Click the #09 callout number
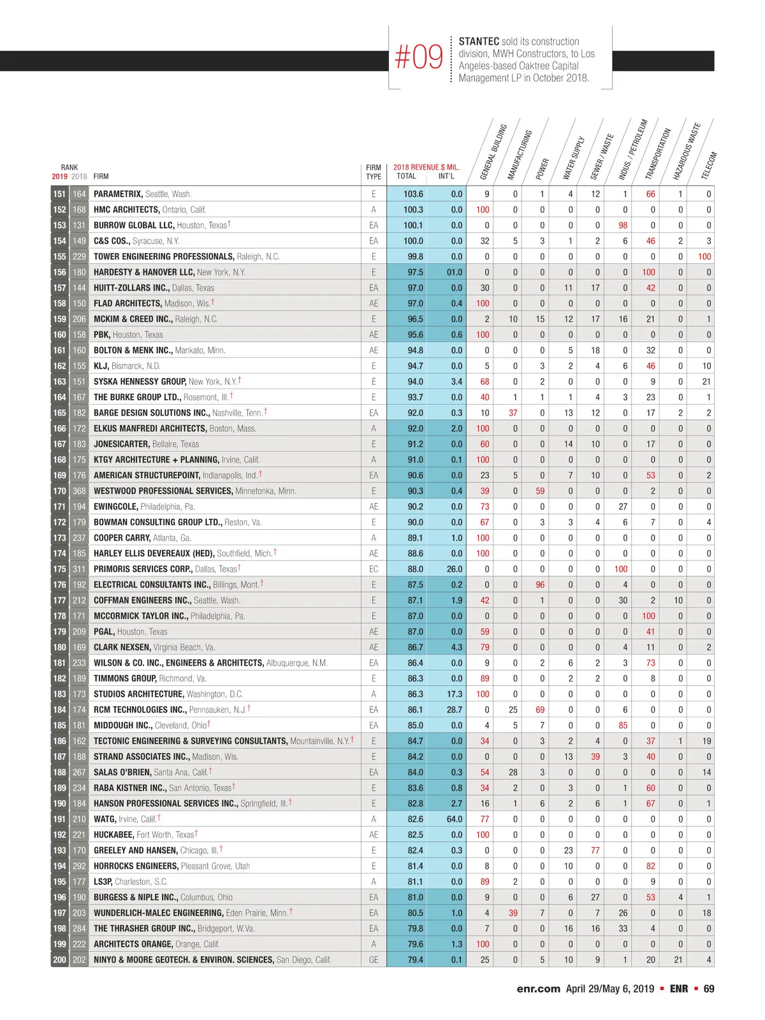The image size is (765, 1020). point(419,57)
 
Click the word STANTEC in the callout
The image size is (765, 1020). point(479,41)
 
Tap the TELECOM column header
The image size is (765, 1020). point(709,165)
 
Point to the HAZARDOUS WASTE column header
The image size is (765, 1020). point(687,151)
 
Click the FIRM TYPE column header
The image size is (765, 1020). point(374,172)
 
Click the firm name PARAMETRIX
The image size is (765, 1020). point(118,194)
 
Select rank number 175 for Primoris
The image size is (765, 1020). point(59,569)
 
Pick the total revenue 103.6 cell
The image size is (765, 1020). point(413,194)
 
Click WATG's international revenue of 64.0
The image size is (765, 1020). point(455,819)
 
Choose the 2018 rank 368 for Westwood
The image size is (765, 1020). point(79,491)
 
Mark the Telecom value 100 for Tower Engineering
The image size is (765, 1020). point(704,256)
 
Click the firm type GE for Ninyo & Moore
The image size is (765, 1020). point(374,959)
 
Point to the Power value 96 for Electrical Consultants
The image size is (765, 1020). point(540,585)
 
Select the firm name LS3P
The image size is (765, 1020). point(103,881)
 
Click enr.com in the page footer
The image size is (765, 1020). point(538,989)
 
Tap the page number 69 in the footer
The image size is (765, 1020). point(708,989)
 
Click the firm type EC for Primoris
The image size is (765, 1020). point(374,569)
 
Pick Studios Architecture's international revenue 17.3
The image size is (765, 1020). point(455,694)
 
